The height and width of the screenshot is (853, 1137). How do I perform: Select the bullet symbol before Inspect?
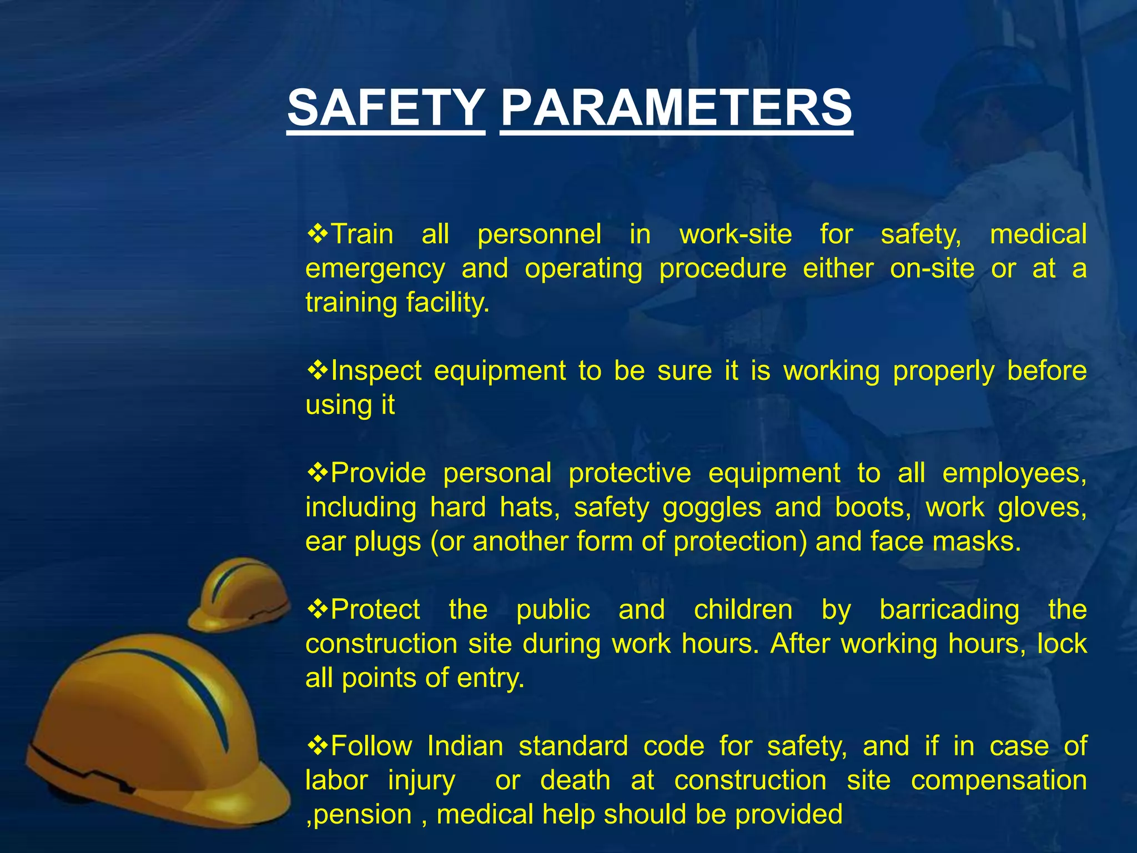(x=318, y=369)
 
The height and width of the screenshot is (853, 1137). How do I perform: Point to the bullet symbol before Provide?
(x=318, y=472)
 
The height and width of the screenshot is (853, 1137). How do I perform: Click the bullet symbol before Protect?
(x=318, y=609)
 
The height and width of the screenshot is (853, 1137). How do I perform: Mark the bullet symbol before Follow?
(x=318, y=745)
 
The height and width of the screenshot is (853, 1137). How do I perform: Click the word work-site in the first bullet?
(x=736, y=234)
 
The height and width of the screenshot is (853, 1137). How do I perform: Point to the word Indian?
(x=465, y=746)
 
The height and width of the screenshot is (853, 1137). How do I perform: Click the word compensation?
(x=999, y=780)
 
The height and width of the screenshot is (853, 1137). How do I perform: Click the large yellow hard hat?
(x=150, y=733)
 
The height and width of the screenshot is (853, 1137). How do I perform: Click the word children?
(x=743, y=610)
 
